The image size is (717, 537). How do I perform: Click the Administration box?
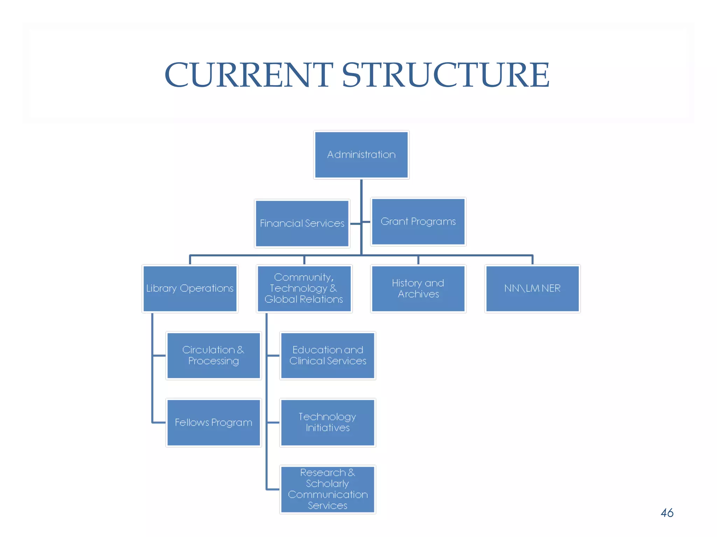click(x=361, y=155)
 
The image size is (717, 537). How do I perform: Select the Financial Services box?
click(x=302, y=223)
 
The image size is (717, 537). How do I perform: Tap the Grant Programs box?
click(x=418, y=222)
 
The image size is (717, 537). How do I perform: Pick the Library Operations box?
click(x=190, y=288)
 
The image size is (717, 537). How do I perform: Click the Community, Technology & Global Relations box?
click(x=304, y=288)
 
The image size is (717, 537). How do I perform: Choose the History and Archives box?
click(x=418, y=288)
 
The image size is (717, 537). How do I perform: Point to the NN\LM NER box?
click(x=532, y=288)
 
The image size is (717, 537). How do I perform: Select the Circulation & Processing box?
click(x=214, y=356)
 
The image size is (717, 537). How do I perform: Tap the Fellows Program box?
click(x=214, y=422)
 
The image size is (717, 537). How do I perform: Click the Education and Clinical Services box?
click(x=328, y=356)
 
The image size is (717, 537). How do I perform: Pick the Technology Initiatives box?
click(x=328, y=422)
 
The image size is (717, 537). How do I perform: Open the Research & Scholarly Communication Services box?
click(x=328, y=489)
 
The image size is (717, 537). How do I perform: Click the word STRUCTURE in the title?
click(x=445, y=75)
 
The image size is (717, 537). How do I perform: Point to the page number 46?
click(x=667, y=513)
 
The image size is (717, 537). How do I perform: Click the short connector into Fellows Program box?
click(x=159, y=422)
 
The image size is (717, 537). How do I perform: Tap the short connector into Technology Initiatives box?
click(x=273, y=422)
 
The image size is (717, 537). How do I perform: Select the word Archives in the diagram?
click(x=418, y=294)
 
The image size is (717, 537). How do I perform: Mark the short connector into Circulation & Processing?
click(x=159, y=356)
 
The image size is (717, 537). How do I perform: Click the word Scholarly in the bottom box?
click(x=327, y=484)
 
